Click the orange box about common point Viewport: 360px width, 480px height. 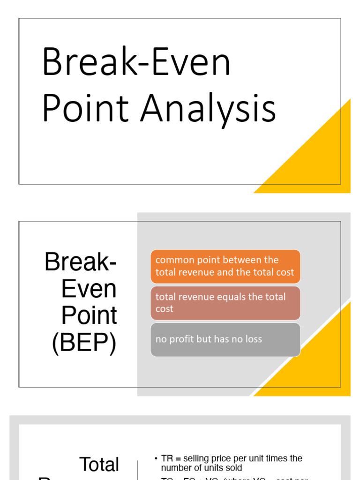[225, 266]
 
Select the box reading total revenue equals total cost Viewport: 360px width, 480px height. [225, 303]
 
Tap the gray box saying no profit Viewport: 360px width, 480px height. [225, 339]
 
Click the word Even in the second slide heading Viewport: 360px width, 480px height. [89, 289]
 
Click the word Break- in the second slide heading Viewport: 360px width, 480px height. [80, 262]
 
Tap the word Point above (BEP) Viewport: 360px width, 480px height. [89, 315]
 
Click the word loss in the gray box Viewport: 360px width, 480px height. [254, 339]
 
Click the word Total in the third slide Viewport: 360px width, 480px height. [99, 465]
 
